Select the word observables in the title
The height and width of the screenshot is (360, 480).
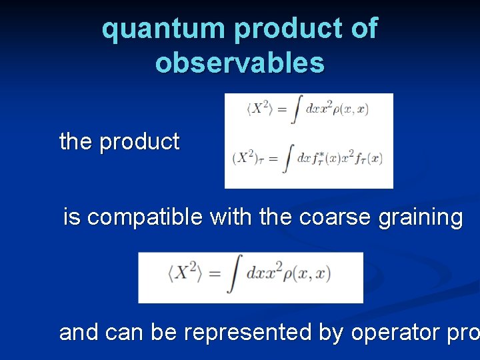240,63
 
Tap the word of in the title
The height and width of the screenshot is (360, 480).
363,29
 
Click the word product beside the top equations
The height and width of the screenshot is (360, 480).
139,142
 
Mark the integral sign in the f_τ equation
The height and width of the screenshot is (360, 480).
288,159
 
